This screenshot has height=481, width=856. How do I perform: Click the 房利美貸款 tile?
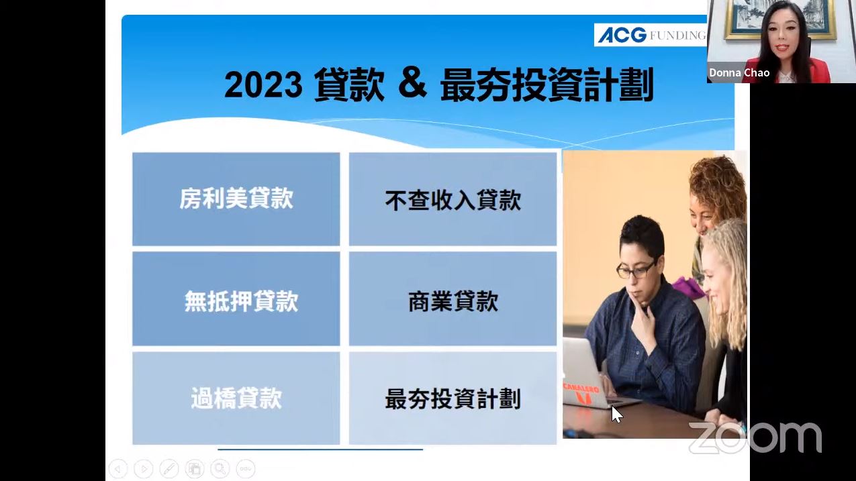point(236,199)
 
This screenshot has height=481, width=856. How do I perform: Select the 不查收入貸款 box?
point(453,199)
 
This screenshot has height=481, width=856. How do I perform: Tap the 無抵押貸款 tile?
point(236,299)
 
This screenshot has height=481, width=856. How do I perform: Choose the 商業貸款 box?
point(453,299)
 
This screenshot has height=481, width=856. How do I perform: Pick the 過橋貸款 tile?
point(236,398)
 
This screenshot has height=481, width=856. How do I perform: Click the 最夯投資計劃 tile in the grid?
point(453,398)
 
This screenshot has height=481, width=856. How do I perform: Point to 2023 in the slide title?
point(263,85)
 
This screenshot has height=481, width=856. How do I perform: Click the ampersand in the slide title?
point(412,83)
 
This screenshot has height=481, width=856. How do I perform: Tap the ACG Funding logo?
point(651,35)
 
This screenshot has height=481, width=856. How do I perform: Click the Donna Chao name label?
point(739,72)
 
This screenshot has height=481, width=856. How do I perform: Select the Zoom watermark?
point(755,437)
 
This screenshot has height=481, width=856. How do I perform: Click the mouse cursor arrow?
point(617,415)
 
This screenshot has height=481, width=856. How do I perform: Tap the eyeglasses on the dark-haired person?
point(636,270)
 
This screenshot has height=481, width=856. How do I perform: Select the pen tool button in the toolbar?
point(169,468)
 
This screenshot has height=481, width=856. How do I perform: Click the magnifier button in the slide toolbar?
point(220,468)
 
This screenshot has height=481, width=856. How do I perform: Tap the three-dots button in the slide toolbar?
point(245,468)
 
